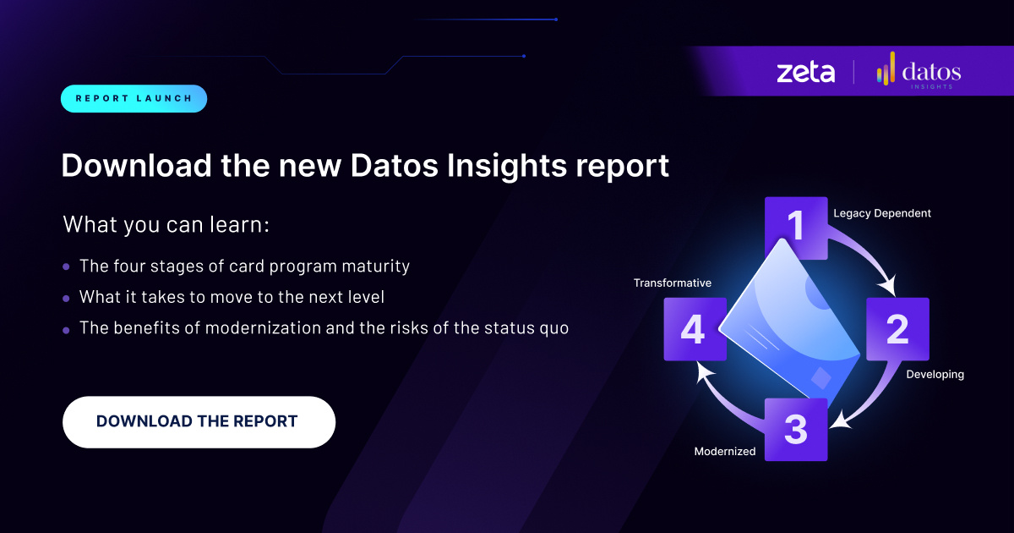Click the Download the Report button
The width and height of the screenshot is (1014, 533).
click(199, 421)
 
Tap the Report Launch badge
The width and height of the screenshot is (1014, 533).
click(134, 98)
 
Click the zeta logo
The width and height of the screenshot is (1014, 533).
click(805, 72)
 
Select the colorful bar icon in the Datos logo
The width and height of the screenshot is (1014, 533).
click(886, 69)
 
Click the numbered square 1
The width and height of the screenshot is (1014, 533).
click(796, 228)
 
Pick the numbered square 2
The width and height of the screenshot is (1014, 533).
click(897, 328)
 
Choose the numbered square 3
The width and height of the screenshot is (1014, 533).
click(796, 430)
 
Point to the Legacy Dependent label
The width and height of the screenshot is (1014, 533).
click(882, 213)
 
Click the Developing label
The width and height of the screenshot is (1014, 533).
click(935, 374)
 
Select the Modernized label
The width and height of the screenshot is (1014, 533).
click(725, 451)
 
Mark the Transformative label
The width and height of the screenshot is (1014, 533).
click(673, 283)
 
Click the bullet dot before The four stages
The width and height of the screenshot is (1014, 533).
click(67, 267)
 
